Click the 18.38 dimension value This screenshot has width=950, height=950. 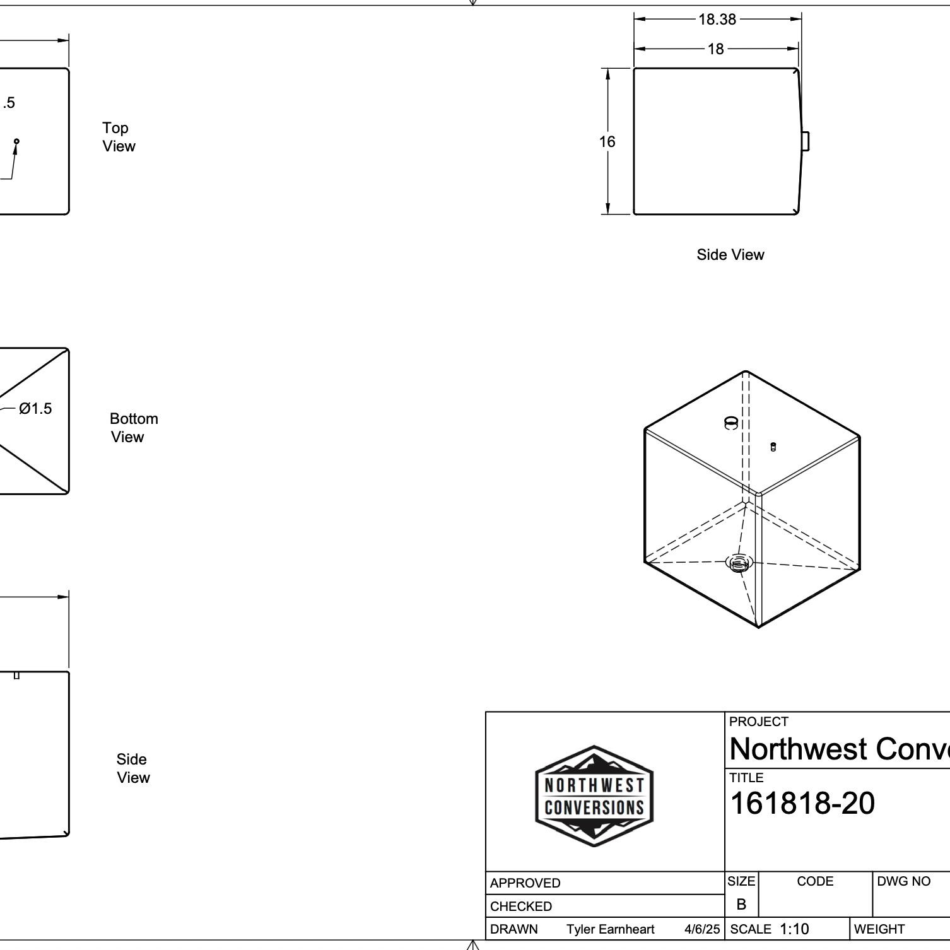click(x=717, y=20)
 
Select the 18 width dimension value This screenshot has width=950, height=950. click(x=715, y=49)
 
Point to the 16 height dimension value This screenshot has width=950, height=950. click(x=607, y=142)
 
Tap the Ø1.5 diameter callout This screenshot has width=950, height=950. click(x=35, y=409)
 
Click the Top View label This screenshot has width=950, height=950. click(x=119, y=137)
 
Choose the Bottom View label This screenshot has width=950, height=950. click(x=134, y=428)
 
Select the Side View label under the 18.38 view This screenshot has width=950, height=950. click(x=730, y=255)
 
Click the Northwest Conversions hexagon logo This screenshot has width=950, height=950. click(x=594, y=796)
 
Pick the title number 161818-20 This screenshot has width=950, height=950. click(x=802, y=804)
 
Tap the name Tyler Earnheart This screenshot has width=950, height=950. click(x=611, y=929)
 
